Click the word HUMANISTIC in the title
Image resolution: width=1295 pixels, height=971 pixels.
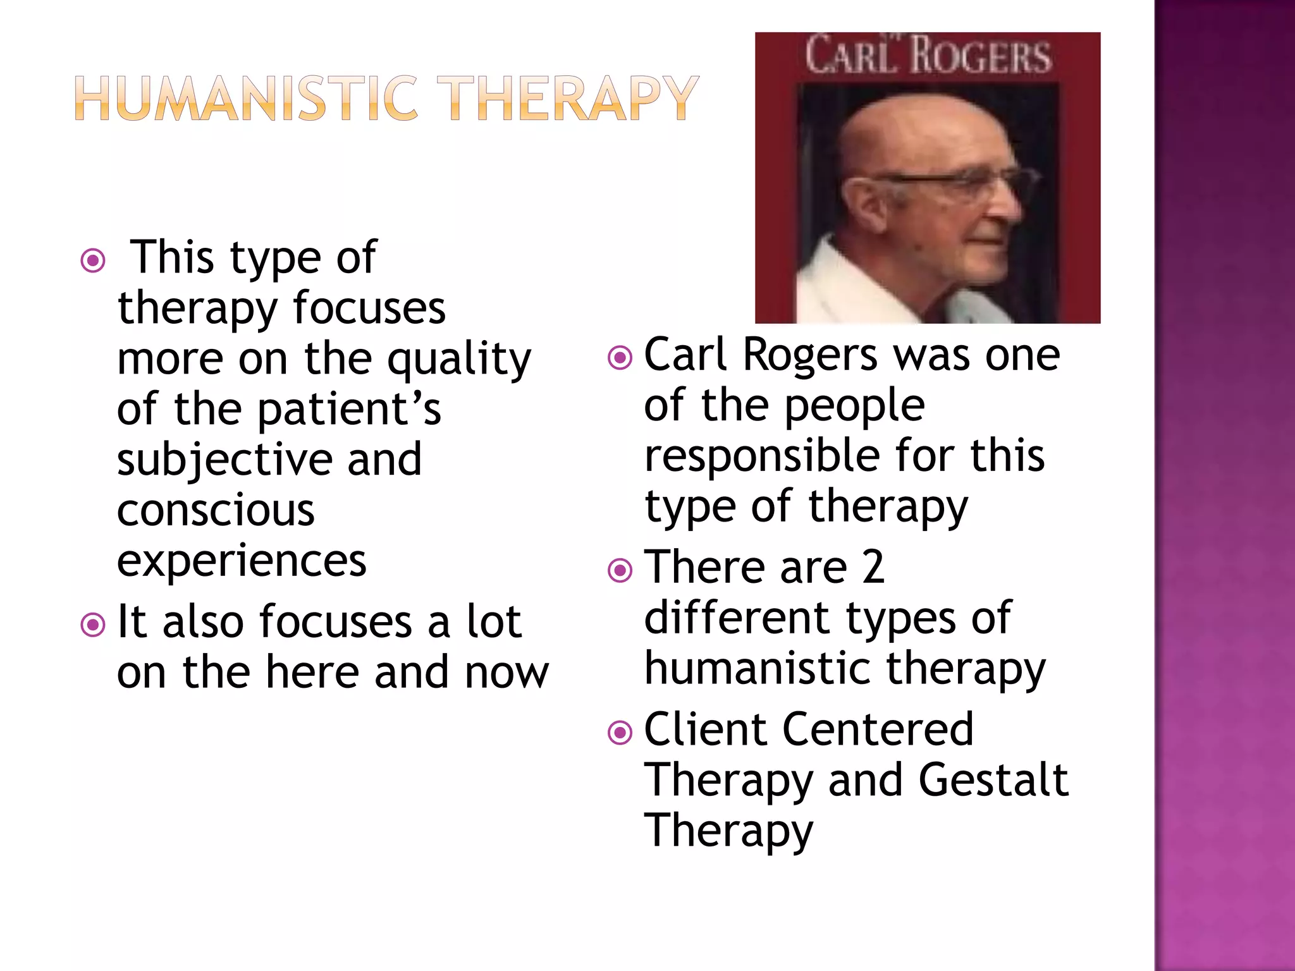(x=247, y=98)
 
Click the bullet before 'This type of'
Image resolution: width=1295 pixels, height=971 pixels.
(x=93, y=260)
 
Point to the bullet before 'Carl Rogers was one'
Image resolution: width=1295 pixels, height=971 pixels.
(x=620, y=358)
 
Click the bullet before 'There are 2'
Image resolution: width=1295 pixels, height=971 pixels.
(x=620, y=570)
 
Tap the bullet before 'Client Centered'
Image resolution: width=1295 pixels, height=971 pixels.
(x=620, y=733)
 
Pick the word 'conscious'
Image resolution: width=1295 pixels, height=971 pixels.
(x=216, y=510)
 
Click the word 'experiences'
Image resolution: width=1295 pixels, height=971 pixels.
(x=242, y=561)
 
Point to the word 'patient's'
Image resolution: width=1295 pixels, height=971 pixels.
(x=349, y=410)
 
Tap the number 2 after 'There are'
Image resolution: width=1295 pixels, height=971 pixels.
(x=873, y=567)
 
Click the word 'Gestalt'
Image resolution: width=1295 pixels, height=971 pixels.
(x=993, y=780)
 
